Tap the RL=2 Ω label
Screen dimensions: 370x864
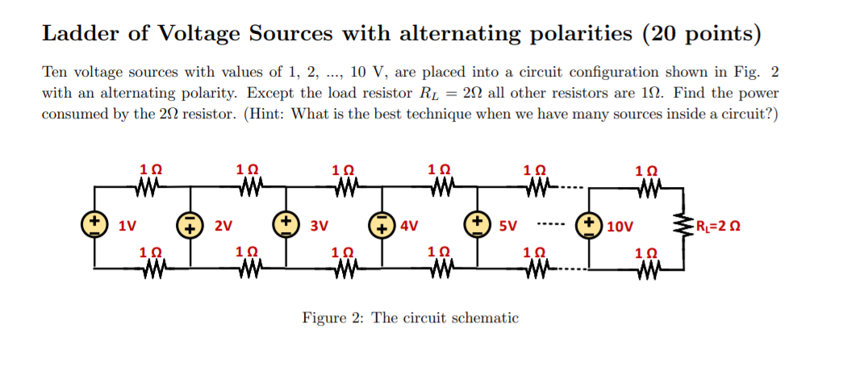[721, 225]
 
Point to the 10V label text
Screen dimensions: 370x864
[620, 225]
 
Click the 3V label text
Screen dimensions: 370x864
[318, 225]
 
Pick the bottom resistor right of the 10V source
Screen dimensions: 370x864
[647, 265]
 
